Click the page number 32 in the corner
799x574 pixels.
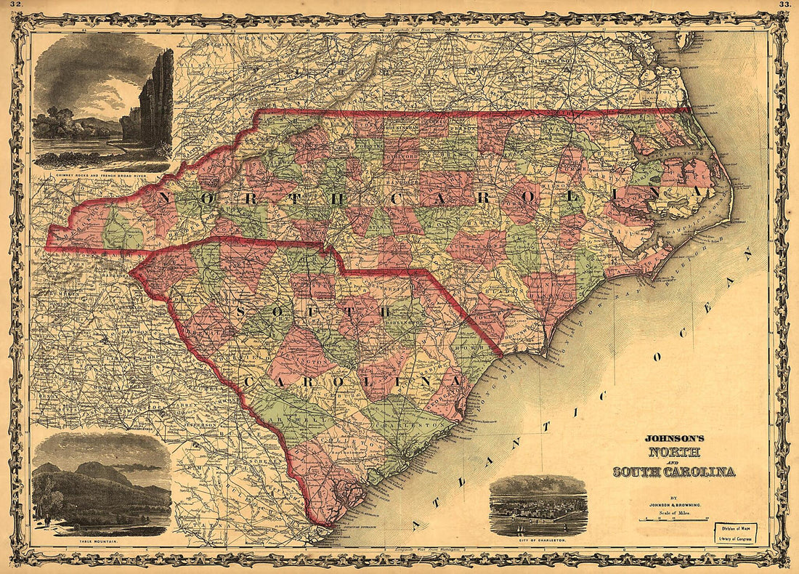point(15,5)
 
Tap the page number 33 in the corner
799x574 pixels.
point(784,5)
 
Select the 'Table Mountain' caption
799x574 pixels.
point(101,542)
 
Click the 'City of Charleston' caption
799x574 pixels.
point(538,542)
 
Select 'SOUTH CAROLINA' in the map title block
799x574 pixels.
point(673,472)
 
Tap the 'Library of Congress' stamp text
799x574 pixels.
point(733,538)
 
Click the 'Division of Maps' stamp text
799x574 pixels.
point(733,529)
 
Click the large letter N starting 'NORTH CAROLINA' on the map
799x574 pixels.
point(165,198)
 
